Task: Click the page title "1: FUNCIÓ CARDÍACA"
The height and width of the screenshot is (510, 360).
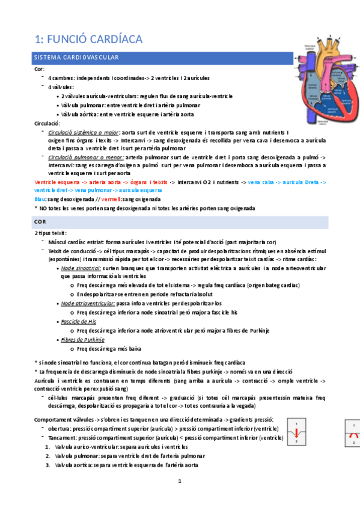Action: [x=88, y=39]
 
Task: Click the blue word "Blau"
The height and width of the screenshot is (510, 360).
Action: [x=40, y=198]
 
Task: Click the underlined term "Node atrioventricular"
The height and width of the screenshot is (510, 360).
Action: [x=88, y=304]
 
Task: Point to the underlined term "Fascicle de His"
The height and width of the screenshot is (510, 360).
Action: [x=79, y=322]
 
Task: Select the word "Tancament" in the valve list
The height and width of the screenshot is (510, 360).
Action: [x=62, y=438]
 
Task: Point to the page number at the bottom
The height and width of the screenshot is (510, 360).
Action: [x=179, y=481]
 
